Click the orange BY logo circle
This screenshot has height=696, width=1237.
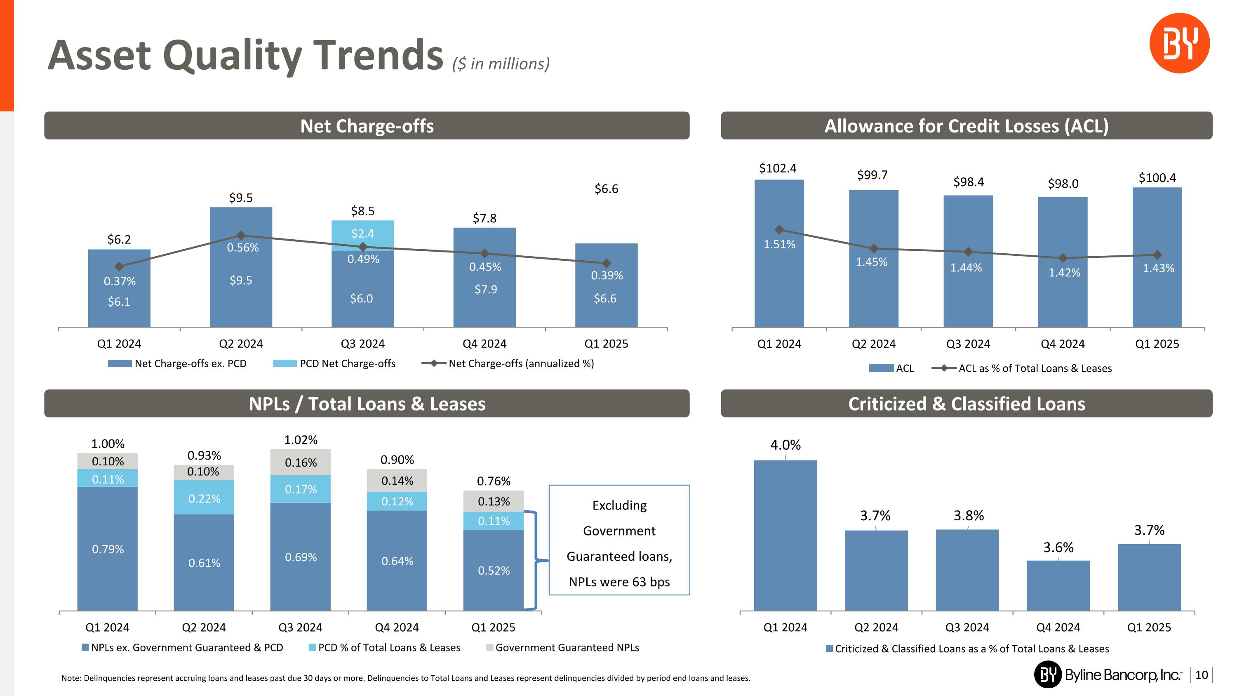tap(1179, 43)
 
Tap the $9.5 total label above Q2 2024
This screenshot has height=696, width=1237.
tap(240, 198)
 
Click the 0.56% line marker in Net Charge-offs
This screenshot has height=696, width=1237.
tap(241, 235)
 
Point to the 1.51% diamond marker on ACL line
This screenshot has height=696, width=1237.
tap(779, 230)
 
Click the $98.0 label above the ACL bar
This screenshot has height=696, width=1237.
tap(1063, 184)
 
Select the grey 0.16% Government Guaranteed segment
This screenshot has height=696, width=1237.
tap(301, 462)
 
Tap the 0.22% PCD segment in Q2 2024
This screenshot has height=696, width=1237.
tap(204, 498)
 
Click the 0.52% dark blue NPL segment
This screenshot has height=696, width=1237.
tap(493, 570)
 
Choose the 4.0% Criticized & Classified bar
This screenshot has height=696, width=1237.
tap(785, 535)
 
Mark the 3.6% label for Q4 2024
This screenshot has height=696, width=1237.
tap(1058, 547)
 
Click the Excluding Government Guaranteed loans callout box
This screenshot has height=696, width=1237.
tap(619, 540)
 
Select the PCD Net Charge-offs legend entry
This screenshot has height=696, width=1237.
tap(334, 363)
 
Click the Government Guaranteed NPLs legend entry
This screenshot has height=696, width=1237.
tap(562, 647)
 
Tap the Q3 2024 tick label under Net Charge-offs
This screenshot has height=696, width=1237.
tap(362, 343)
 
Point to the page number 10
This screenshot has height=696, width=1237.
tap(1201, 675)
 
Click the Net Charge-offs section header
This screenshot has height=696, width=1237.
tap(367, 126)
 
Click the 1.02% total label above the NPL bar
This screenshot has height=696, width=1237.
tap(301, 439)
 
